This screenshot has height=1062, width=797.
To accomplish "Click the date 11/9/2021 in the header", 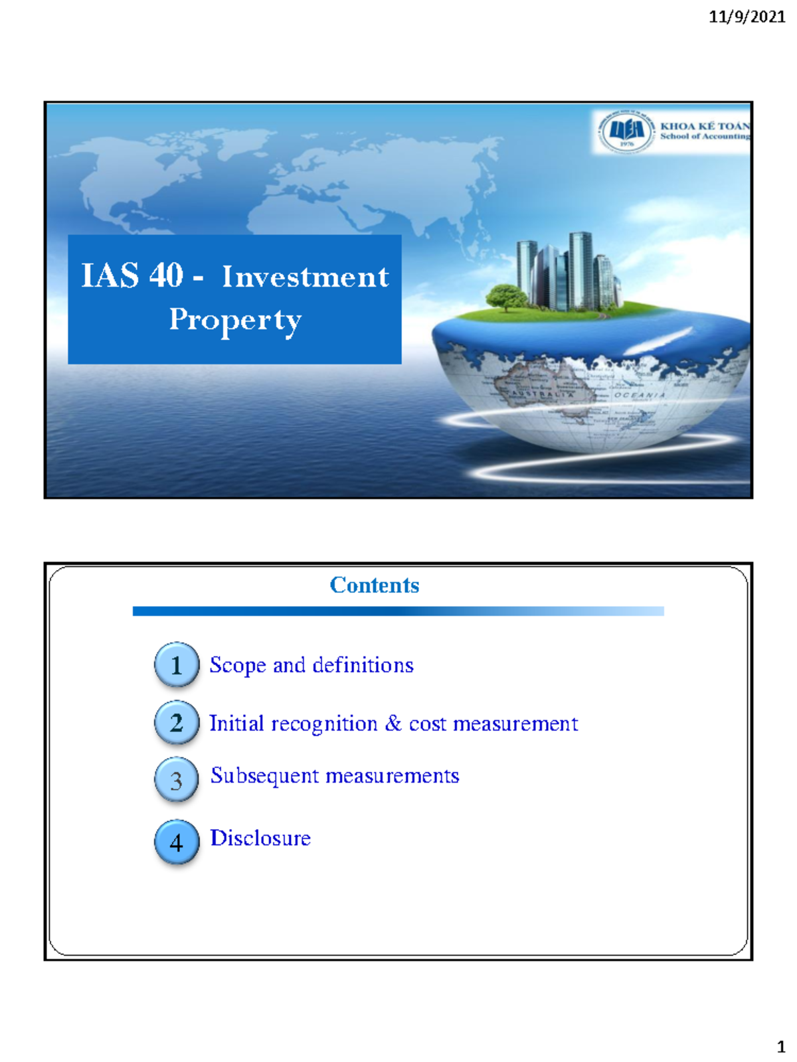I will (747, 17).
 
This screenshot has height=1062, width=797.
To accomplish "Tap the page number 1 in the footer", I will (781, 1047).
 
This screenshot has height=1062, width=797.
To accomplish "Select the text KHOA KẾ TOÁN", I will (705, 125).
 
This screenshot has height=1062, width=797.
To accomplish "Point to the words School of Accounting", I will (705, 137).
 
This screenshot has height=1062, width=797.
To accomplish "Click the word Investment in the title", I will (306, 277).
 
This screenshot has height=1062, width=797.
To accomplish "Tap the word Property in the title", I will (235, 320).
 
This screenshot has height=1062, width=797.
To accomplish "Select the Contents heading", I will (375, 585).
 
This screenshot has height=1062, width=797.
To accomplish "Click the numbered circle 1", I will (177, 664).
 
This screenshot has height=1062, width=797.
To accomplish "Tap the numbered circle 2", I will (177, 722).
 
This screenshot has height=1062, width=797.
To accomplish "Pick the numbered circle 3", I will (177, 780).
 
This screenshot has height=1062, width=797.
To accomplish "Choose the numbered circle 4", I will (177, 842).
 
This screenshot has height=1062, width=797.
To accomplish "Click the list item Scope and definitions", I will (311, 665).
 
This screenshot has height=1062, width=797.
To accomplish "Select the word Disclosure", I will (260, 838).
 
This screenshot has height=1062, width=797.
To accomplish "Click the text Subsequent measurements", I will (335, 776).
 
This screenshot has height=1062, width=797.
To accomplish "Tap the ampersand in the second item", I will (393, 723).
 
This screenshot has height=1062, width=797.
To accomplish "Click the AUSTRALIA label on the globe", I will (542, 394).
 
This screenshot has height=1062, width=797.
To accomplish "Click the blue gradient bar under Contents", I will (398, 611).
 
